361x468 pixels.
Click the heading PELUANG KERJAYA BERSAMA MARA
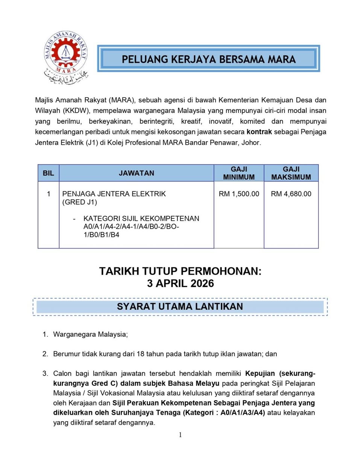209,59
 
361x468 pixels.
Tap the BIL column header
48,173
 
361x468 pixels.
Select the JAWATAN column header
137,173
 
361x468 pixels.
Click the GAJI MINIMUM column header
239,173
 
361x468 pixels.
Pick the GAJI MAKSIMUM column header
291,173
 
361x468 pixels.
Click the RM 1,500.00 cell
239,194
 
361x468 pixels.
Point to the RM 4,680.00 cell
291,194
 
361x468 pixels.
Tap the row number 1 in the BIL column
49,194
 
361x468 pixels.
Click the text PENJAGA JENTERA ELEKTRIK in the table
114,194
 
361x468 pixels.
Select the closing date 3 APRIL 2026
180,284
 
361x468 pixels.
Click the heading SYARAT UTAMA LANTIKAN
180,306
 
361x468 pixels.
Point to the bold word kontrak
259,132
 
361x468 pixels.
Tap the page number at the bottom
180,435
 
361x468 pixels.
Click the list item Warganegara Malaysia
90,334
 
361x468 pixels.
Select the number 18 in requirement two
140,354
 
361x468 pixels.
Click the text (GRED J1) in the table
80,202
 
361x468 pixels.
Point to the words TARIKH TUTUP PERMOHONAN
180,271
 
